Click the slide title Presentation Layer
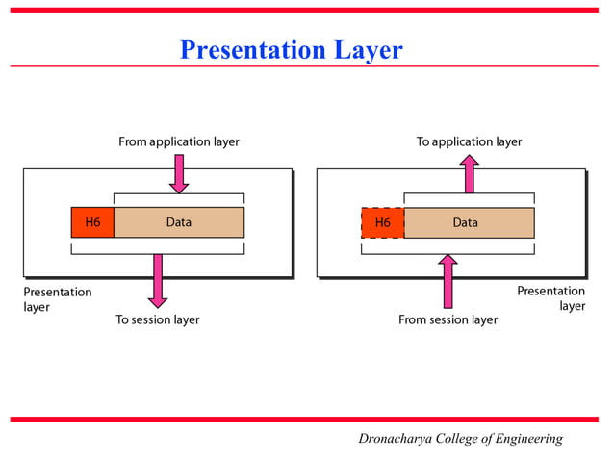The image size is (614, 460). tap(291, 49)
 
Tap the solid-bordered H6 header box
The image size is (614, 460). tap(92, 222)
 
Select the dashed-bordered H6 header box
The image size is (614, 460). tap(382, 222)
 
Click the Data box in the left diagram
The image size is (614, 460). tap(179, 222)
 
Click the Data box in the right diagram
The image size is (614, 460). tap(469, 222)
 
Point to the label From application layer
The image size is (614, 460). tap(179, 141)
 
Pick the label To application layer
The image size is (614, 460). tap(469, 141)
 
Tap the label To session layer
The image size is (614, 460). tap(158, 319)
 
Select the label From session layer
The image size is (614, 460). tap(448, 319)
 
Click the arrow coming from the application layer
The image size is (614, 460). tap(179, 173)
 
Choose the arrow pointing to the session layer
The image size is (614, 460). tap(159, 280)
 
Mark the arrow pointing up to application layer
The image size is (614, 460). tap(469, 174)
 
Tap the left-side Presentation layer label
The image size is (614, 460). tap(57, 298)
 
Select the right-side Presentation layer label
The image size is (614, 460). tap(551, 298)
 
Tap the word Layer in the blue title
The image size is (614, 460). tap(369, 49)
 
